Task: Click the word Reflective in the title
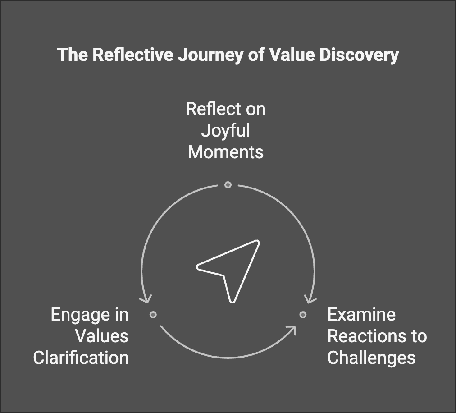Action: [x=133, y=55]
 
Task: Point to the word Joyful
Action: [x=226, y=131]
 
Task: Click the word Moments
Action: [x=226, y=152]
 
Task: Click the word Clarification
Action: [x=81, y=358]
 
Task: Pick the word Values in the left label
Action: [x=102, y=336]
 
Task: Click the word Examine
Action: [x=361, y=315]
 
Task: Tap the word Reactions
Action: [x=367, y=336]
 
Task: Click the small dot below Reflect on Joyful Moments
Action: [x=228, y=185]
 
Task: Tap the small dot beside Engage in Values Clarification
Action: [x=153, y=315]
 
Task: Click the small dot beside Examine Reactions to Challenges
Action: [x=303, y=315]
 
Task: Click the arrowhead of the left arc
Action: [x=146, y=299]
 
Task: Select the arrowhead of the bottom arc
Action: [x=291, y=330]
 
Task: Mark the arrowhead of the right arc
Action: [x=310, y=299]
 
